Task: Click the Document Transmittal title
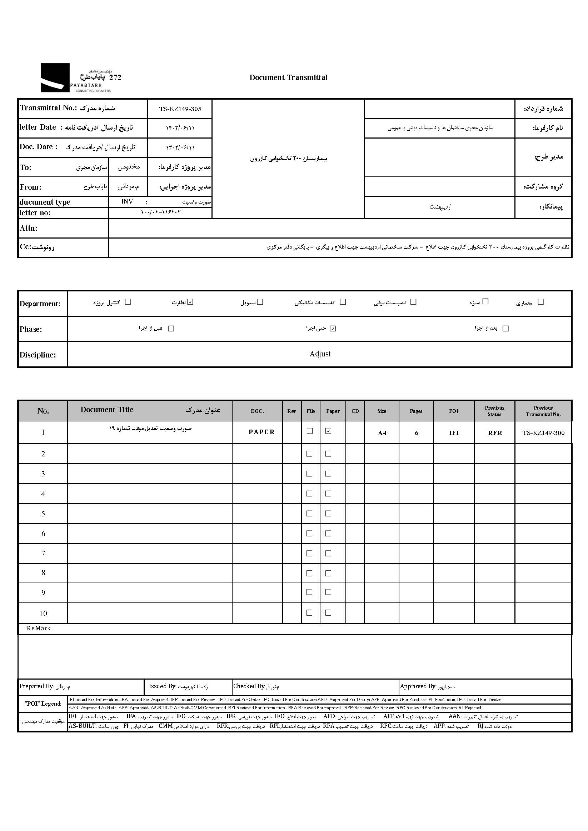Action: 288,77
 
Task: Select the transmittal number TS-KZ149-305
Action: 180,109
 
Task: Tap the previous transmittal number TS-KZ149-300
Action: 543,433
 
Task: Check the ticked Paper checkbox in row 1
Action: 328,431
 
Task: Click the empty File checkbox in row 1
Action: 310,431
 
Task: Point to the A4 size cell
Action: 382,433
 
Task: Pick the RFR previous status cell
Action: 495,433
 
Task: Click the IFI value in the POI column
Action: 454,433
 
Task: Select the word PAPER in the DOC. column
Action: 261,432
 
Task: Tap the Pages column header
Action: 416,411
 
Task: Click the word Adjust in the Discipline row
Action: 320,354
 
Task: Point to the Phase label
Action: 31,329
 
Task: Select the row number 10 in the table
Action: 43,614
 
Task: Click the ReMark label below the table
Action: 39,629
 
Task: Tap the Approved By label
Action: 418,686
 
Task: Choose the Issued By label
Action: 162,686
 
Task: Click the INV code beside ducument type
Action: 127,202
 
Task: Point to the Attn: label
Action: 29,228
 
